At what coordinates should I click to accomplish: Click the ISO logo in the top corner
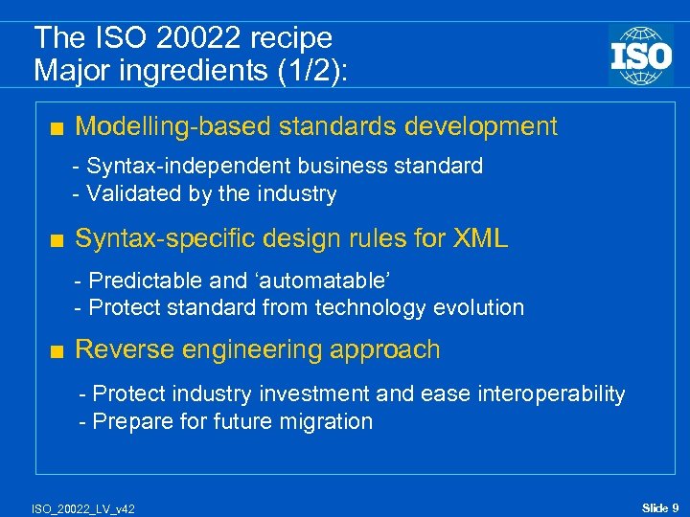pyautogui.click(x=640, y=55)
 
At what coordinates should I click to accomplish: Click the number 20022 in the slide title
pyautogui.click(x=188, y=38)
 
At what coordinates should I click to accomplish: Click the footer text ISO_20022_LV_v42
pyautogui.click(x=83, y=508)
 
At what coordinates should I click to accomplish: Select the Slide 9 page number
pyautogui.click(x=660, y=507)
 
